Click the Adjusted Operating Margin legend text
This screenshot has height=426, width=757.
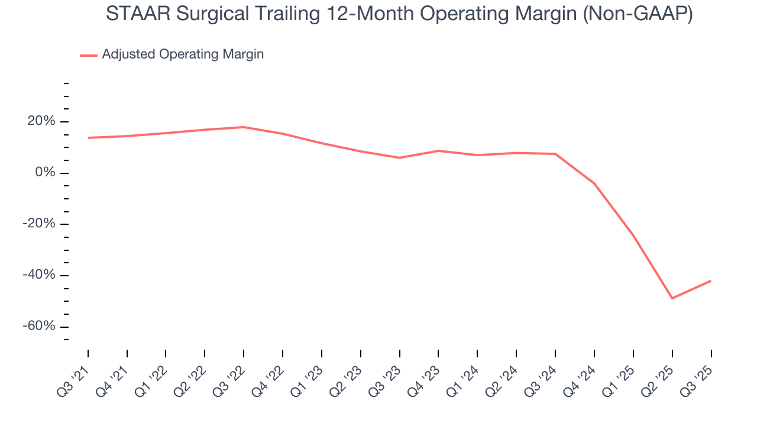click(x=183, y=54)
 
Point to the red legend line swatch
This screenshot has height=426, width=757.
click(x=89, y=55)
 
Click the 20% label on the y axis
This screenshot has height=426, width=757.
click(x=41, y=121)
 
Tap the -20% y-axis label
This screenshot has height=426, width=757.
click(x=39, y=224)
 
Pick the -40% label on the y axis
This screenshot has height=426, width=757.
click(x=39, y=275)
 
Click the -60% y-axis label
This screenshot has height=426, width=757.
click(x=39, y=327)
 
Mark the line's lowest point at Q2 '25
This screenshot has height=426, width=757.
click(x=672, y=298)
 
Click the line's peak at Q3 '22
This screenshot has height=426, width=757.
click(x=244, y=127)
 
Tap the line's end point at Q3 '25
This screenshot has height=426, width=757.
click(x=710, y=280)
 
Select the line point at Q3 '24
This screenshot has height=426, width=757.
click(x=555, y=154)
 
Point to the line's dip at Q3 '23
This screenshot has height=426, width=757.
click(x=399, y=157)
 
